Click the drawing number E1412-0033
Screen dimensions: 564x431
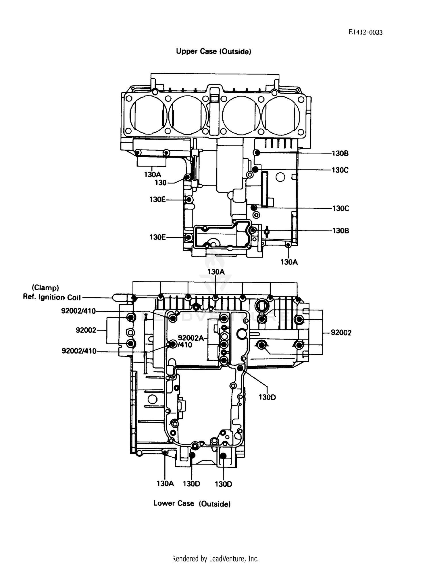point(365,32)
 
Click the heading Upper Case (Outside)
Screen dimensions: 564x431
point(213,51)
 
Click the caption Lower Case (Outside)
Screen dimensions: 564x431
point(192,503)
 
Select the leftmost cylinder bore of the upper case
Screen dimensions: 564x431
point(148,115)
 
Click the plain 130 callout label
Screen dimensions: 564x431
point(160,183)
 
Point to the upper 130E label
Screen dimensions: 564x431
point(157,199)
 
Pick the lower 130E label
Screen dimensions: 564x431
point(157,237)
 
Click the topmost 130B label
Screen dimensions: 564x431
point(340,154)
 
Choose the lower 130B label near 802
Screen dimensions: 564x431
point(341,231)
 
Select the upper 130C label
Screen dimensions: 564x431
point(340,170)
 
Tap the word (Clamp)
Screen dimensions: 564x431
point(45,288)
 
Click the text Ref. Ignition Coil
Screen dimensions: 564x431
point(52,297)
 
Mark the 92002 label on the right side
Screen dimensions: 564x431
point(341,333)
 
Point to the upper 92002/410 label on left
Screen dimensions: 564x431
point(78,311)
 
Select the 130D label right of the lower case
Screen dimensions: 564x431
point(267,397)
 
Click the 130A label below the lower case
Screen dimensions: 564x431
point(165,484)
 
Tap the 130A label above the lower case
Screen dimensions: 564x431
point(216,272)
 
